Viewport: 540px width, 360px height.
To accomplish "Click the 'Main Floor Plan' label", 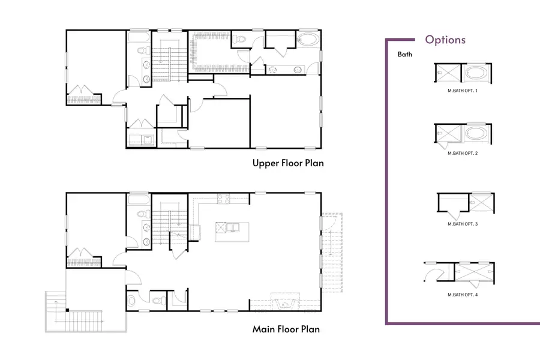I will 286,329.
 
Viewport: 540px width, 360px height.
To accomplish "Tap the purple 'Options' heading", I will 445,40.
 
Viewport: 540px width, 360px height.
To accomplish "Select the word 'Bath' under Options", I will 405,55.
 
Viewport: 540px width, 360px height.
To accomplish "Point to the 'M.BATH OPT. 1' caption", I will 463,91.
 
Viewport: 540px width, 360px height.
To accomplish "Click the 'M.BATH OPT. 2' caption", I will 463,154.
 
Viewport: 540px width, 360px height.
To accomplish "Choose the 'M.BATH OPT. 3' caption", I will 463,224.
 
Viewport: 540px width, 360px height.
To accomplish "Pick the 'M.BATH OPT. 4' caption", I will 463,295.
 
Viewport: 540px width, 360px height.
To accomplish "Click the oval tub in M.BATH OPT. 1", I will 476,74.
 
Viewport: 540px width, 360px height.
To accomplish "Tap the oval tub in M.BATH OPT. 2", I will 476,133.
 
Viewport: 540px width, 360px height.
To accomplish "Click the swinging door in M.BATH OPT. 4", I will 435,274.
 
